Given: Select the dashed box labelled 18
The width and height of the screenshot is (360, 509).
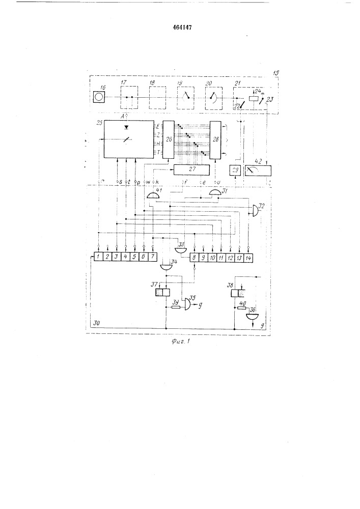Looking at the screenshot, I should [158, 96].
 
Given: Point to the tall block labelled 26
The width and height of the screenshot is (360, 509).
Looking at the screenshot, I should [169, 140].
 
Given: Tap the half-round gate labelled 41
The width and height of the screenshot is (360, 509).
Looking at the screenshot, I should [153, 196].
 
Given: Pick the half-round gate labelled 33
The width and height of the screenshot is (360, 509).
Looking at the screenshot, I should [181, 249].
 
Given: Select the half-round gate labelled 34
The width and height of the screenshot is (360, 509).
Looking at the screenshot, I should [165, 266].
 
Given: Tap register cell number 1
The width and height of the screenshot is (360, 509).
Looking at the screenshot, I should [97, 258].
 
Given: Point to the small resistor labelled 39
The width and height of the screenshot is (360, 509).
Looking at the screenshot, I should [176, 307].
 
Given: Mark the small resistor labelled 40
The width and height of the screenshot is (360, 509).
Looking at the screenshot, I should [241, 306].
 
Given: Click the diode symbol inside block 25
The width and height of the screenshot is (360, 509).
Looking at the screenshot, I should [126, 125].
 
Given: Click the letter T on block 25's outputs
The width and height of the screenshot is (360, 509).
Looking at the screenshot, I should [159, 152].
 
